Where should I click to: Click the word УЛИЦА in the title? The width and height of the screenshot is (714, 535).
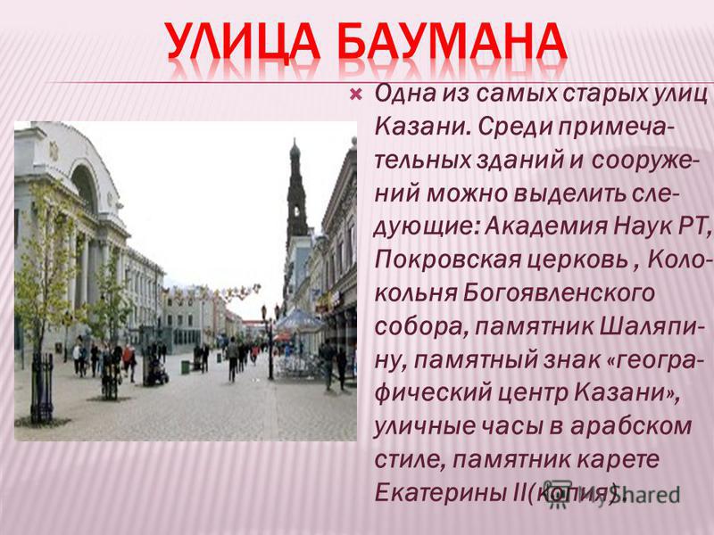242,41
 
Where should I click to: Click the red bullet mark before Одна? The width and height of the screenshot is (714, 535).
355,95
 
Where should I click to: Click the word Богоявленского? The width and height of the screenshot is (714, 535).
559,293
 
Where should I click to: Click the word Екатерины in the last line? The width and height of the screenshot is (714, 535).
437,493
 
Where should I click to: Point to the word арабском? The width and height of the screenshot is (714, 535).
631,427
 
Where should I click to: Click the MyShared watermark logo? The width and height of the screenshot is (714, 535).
611,492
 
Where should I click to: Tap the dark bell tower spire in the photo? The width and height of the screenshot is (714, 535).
296,191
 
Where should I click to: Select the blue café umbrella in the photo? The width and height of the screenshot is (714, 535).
299,319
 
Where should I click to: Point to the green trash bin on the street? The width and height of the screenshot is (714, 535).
185,366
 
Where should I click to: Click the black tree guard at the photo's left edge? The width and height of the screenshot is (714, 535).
42,388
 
